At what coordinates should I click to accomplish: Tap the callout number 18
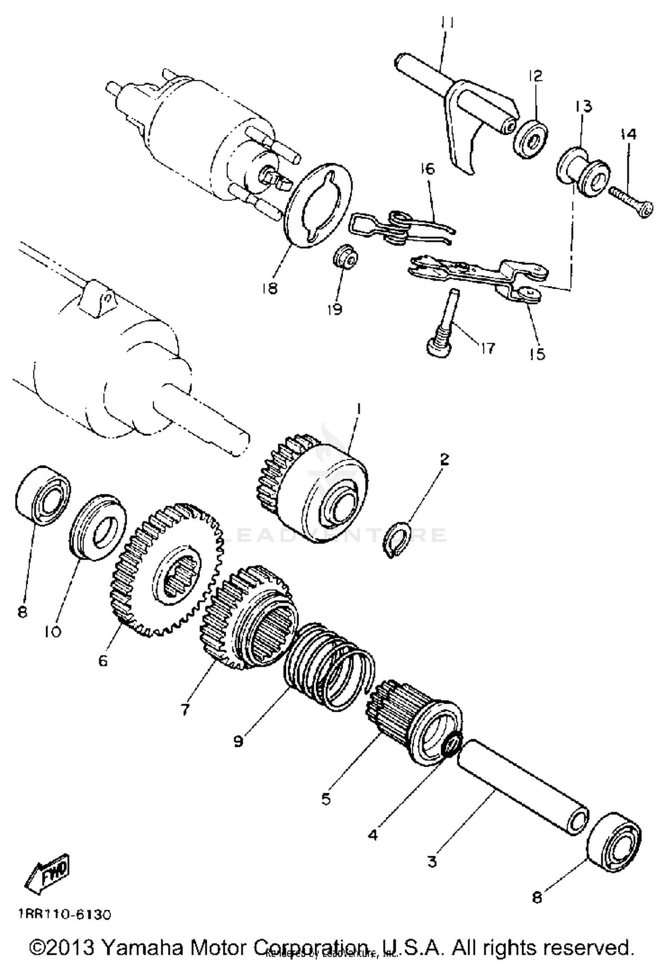pyautogui.click(x=269, y=288)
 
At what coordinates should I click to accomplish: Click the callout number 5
pyautogui.click(x=326, y=799)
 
